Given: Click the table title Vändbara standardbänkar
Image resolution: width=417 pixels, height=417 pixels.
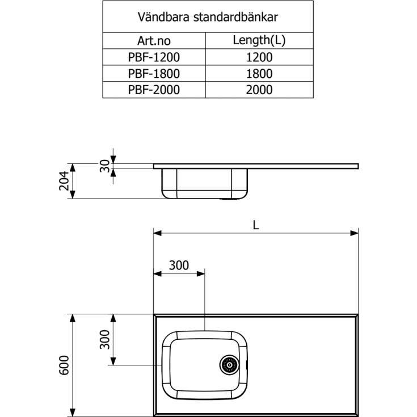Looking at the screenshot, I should [x=208, y=16].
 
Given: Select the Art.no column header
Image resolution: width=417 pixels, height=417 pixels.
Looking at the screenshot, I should [x=154, y=41].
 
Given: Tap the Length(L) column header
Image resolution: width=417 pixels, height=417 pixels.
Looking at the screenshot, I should [x=259, y=41].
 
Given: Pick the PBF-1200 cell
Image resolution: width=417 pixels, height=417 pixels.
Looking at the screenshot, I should [x=154, y=57].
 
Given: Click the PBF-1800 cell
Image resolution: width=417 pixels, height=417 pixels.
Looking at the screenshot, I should [x=154, y=73].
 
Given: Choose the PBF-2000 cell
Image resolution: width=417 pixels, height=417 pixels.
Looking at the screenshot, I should [x=154, y=90].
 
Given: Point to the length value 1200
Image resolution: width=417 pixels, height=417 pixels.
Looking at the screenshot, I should [x=259, y=57].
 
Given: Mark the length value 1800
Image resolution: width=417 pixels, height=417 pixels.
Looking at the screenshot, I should [x=259, y=73].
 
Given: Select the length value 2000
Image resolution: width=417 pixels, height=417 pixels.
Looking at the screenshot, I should [x=259, y=90].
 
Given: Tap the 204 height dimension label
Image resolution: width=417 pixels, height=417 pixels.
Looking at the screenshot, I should [x=64, y=182].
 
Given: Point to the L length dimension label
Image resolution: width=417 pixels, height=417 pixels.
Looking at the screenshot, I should [x=256, y=225].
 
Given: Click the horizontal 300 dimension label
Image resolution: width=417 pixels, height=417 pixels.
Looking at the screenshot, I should [x=179, y=265].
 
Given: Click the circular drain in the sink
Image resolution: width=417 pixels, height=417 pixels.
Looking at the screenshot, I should [x=230, y=364].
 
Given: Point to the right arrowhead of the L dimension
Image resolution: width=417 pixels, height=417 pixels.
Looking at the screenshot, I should [x=355, y=233].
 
